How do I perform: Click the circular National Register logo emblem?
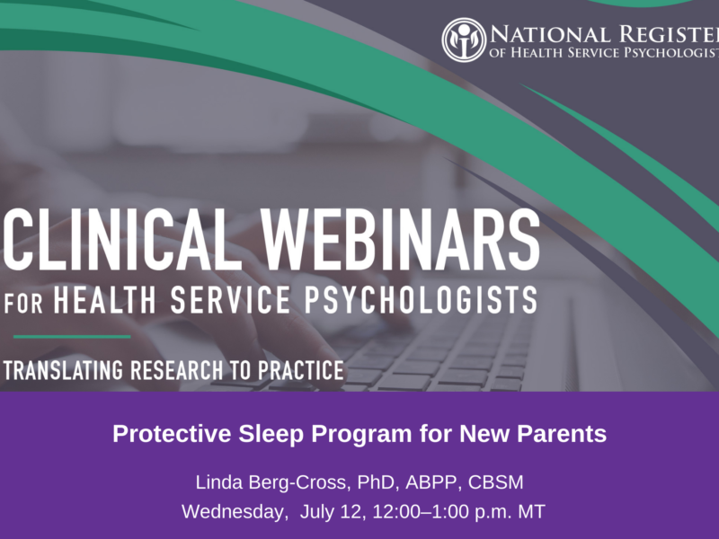(464, 40)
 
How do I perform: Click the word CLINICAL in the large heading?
(122, 240)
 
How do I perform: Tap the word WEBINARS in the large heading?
(402, 240)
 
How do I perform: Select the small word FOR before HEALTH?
(23, 303)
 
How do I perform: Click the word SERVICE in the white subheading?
(230, 300)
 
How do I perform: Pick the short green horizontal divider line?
(72, 337)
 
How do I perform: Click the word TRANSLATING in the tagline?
(63, 370)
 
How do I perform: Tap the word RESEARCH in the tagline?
(177, 370)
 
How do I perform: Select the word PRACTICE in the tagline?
(301, 370)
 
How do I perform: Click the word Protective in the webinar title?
(172, 434)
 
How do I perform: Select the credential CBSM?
(496, 482)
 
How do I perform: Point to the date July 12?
(333, 511)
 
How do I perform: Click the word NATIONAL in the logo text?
(551, 35)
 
